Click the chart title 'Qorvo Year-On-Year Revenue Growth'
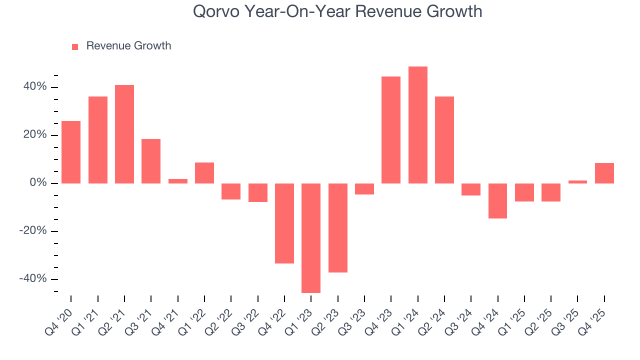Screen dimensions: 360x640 337,11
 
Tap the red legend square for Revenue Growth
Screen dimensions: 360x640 75,46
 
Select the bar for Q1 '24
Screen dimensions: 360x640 417,125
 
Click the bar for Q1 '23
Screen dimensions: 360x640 311,238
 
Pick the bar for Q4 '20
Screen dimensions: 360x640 71,152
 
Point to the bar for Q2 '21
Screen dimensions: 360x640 124,134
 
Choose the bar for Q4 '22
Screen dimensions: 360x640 284,223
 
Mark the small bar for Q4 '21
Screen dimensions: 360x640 177,181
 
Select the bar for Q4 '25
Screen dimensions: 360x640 604,173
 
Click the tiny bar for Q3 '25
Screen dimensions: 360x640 577,182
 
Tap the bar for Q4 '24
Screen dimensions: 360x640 497,201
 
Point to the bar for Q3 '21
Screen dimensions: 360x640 151,161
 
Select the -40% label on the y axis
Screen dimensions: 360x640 33,279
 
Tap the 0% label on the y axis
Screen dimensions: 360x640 38,183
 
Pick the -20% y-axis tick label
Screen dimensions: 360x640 33,231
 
